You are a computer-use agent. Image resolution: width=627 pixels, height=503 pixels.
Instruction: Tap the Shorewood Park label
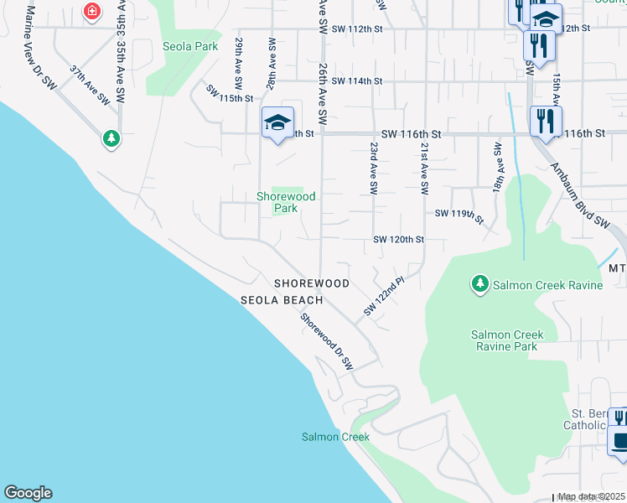(286, 202)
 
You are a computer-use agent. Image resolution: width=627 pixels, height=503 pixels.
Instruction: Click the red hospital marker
(91, 11)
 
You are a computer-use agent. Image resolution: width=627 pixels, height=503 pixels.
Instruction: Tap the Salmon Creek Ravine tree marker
(479, 285)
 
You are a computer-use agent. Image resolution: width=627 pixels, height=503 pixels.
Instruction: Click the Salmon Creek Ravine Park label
(506, 340)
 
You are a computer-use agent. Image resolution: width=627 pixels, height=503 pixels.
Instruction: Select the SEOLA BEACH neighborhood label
(282, 300)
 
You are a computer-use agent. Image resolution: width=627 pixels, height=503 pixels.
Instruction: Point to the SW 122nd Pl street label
(384, 297)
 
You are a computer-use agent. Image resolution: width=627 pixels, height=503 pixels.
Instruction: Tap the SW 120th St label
(399, 240)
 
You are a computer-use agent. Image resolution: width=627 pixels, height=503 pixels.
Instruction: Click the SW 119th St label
(459, 215)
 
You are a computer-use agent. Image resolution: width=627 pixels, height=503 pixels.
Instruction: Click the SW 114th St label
(356, 81)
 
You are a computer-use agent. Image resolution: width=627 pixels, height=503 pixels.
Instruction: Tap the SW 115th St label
(230, 98)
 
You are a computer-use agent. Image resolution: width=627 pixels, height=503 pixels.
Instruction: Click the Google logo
(28, 493)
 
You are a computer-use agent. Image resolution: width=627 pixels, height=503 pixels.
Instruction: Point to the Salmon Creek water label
(335, 437)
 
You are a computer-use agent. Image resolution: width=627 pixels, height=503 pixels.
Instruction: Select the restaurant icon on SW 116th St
(546, 121)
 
